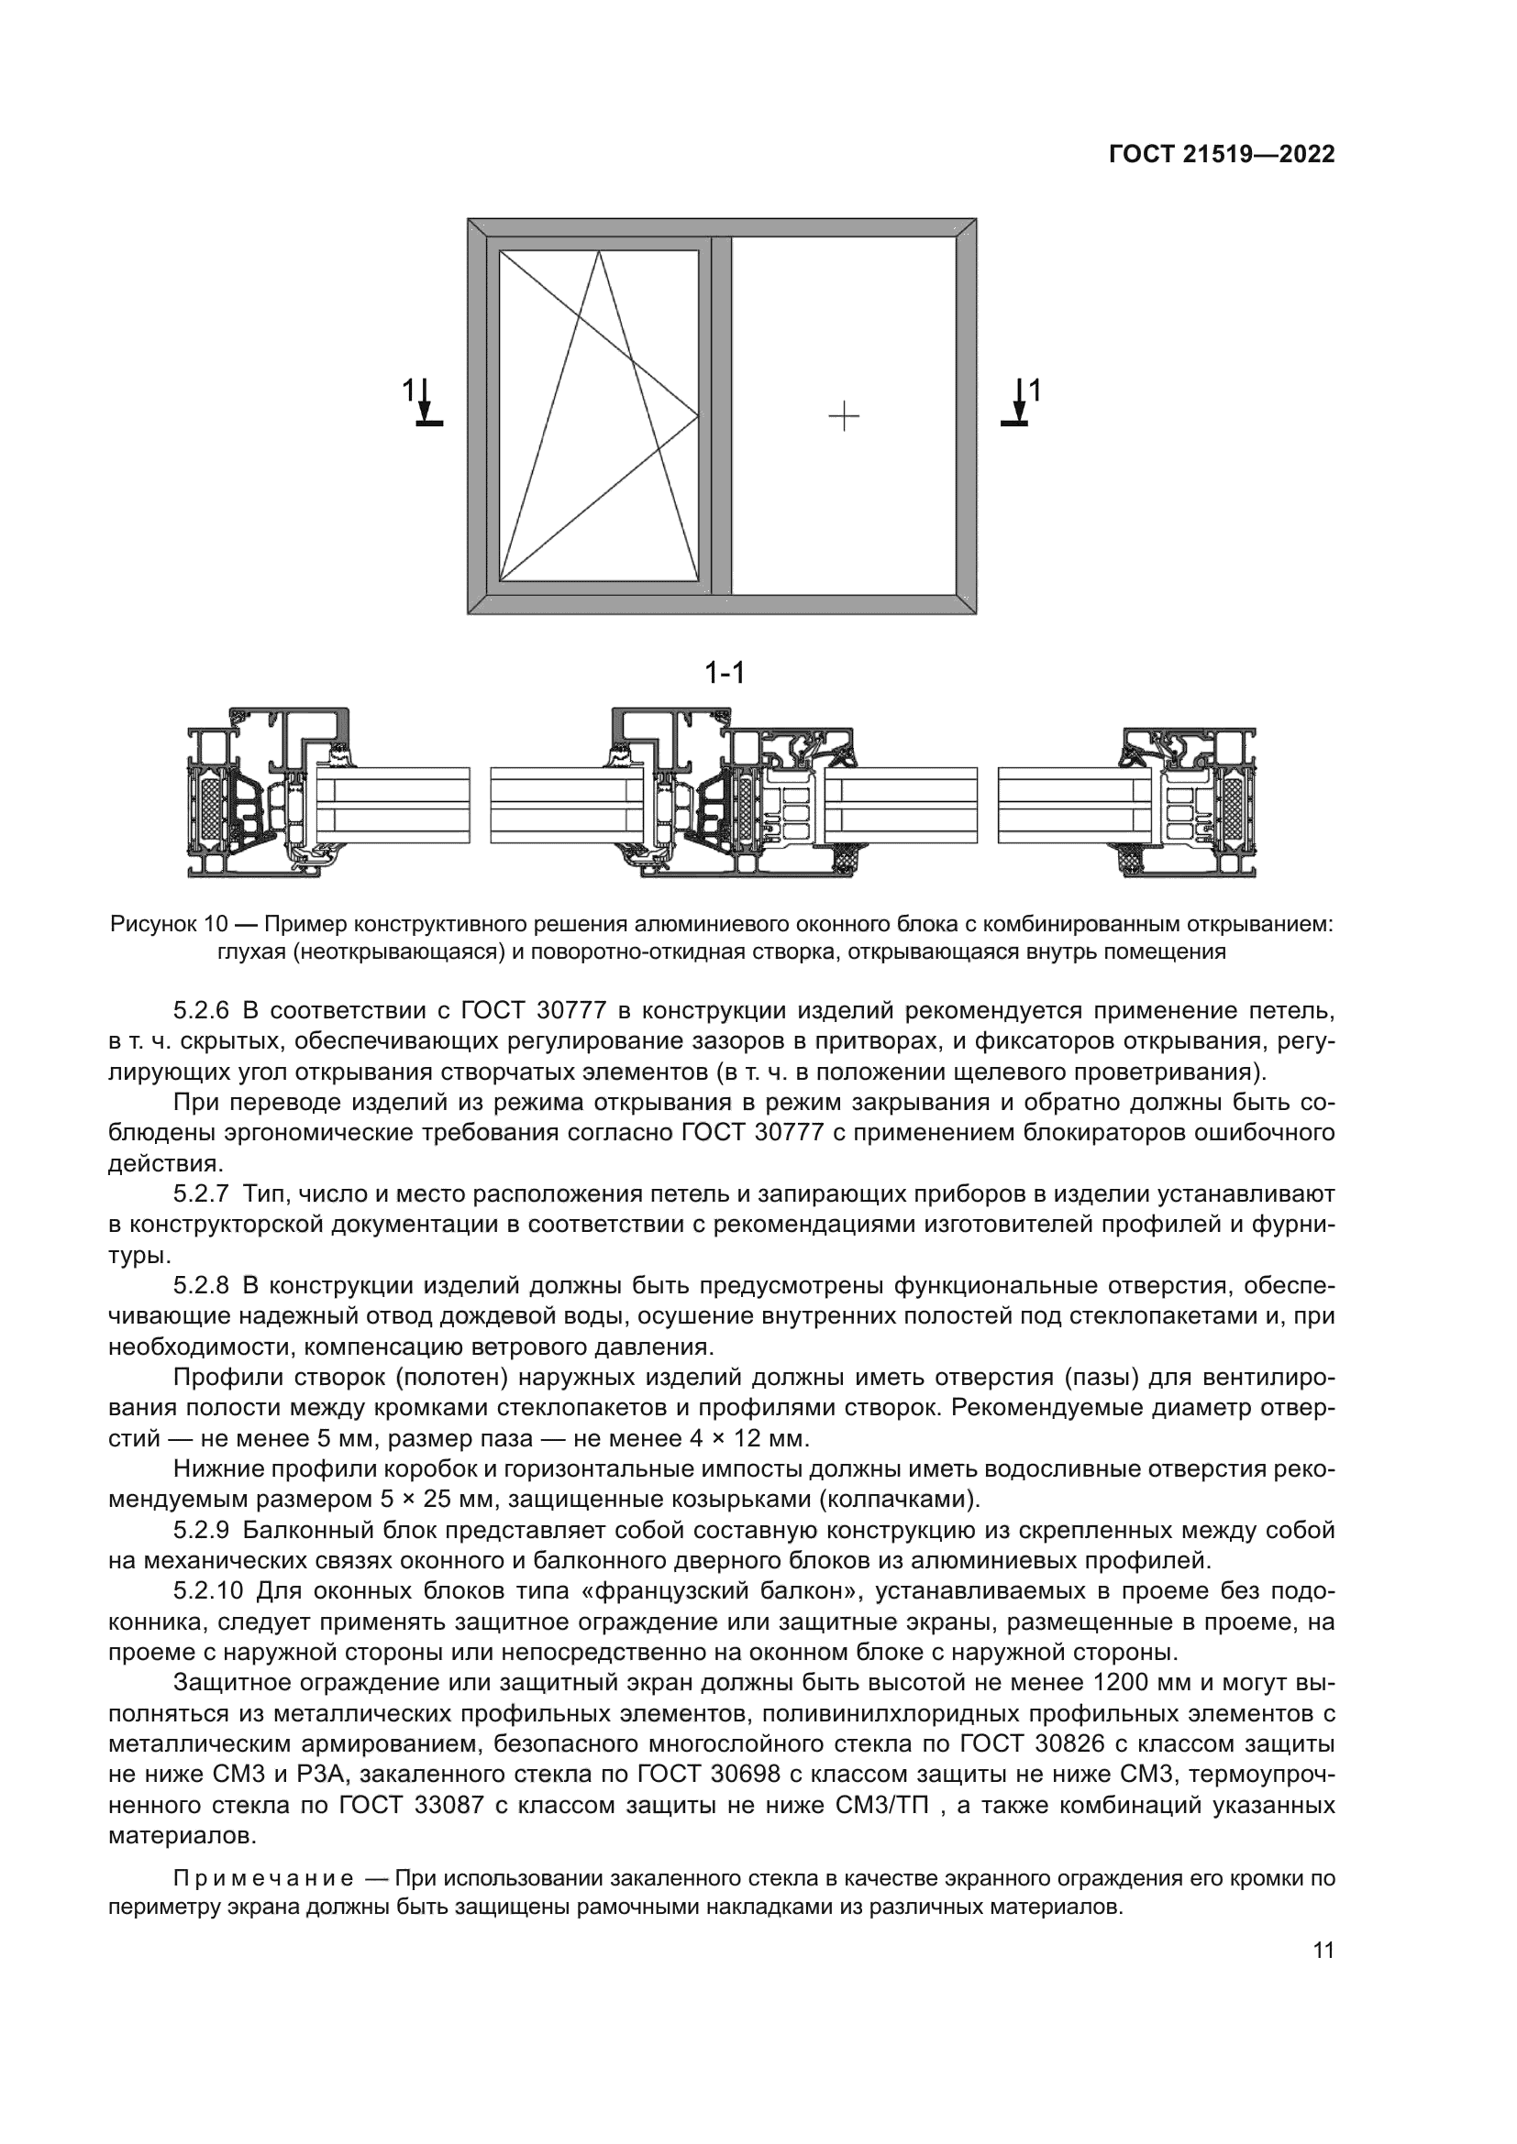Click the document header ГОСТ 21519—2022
[x=1221, y=155]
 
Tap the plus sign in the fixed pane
[x=844, y=415]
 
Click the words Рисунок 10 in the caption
[x=169, y=925]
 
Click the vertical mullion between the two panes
[x=719, y=415]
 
